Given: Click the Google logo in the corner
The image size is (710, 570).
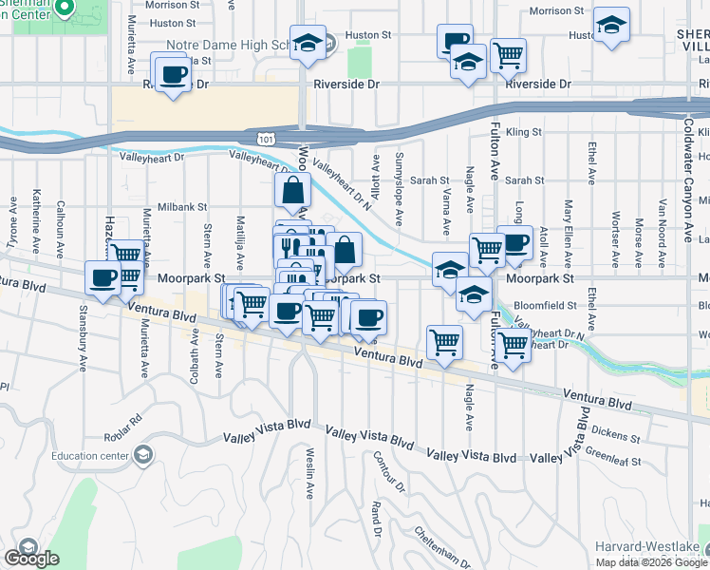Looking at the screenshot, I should [x=31, y=559].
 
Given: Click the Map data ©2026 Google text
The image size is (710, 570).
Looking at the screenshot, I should [x=651, y=562].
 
